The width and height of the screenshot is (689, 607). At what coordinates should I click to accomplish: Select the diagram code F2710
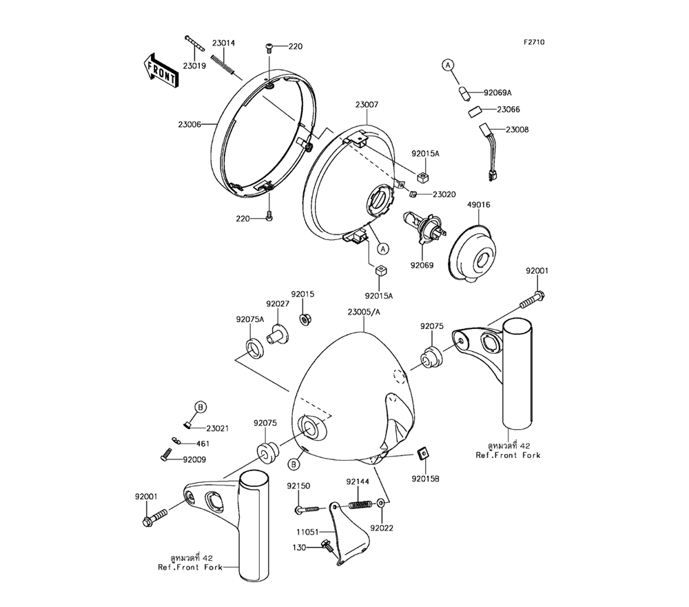[x=533, y=42]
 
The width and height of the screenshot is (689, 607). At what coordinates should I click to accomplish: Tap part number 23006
[x=189, y=124]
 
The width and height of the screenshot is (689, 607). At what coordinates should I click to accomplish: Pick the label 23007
[x=367, y=105]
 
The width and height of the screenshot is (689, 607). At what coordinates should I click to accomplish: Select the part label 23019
[x=195, y=66]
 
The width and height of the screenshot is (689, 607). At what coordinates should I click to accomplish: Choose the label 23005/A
[x=364, y=312]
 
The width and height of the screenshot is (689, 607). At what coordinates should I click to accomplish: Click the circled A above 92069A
[x=448, y=65]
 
